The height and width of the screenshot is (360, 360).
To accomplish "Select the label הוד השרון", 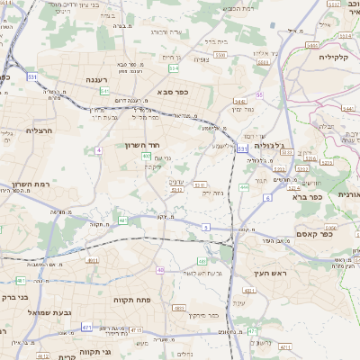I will tap(141, 144).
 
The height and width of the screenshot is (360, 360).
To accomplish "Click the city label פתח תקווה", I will tap(130, 299).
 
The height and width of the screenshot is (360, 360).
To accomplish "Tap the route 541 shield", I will tap(105, 91).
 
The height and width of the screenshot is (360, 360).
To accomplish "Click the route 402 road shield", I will tap(145, 157).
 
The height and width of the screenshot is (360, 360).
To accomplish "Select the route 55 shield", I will tap(260, 94).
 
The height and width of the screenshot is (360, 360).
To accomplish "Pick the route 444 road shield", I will tap(244, 187).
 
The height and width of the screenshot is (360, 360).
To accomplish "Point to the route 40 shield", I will tap(160, 269).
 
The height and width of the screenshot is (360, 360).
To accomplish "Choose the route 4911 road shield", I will tap(93, 260).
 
